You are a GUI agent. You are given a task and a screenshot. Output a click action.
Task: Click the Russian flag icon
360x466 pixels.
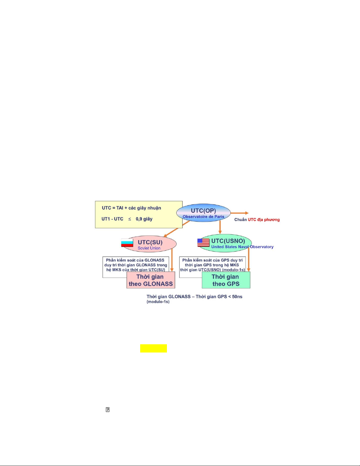[127, 243]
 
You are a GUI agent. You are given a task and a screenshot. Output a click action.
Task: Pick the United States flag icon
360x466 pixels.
[203, 242]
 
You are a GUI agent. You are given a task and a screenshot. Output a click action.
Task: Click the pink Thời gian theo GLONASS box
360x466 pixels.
[151, 280]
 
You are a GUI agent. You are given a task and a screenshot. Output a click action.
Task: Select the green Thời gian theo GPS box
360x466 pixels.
[226, 280]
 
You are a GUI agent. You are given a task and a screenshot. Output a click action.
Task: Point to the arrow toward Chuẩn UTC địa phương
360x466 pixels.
[240, 213]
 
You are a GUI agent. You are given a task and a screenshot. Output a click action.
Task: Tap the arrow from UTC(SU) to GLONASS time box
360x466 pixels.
[172, 260]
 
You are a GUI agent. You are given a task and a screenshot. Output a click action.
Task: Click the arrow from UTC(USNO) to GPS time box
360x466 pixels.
[249, 260]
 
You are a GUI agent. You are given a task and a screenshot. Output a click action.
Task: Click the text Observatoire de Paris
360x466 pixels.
[203, 217]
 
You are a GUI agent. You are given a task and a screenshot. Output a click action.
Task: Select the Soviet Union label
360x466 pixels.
[149, 248]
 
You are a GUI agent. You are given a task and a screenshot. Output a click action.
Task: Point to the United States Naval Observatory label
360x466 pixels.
[242, 247]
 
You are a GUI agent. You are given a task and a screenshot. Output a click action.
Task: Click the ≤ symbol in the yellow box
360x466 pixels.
[130, 219]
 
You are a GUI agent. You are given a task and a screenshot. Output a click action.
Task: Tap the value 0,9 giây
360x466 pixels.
[144, 219]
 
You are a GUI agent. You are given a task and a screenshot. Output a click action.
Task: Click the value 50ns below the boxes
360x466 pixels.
[237, 297]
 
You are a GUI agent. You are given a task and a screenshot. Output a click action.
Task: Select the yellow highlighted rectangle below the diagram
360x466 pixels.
[153, 348]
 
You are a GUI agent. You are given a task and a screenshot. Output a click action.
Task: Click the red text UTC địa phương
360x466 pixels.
[264, 220]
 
